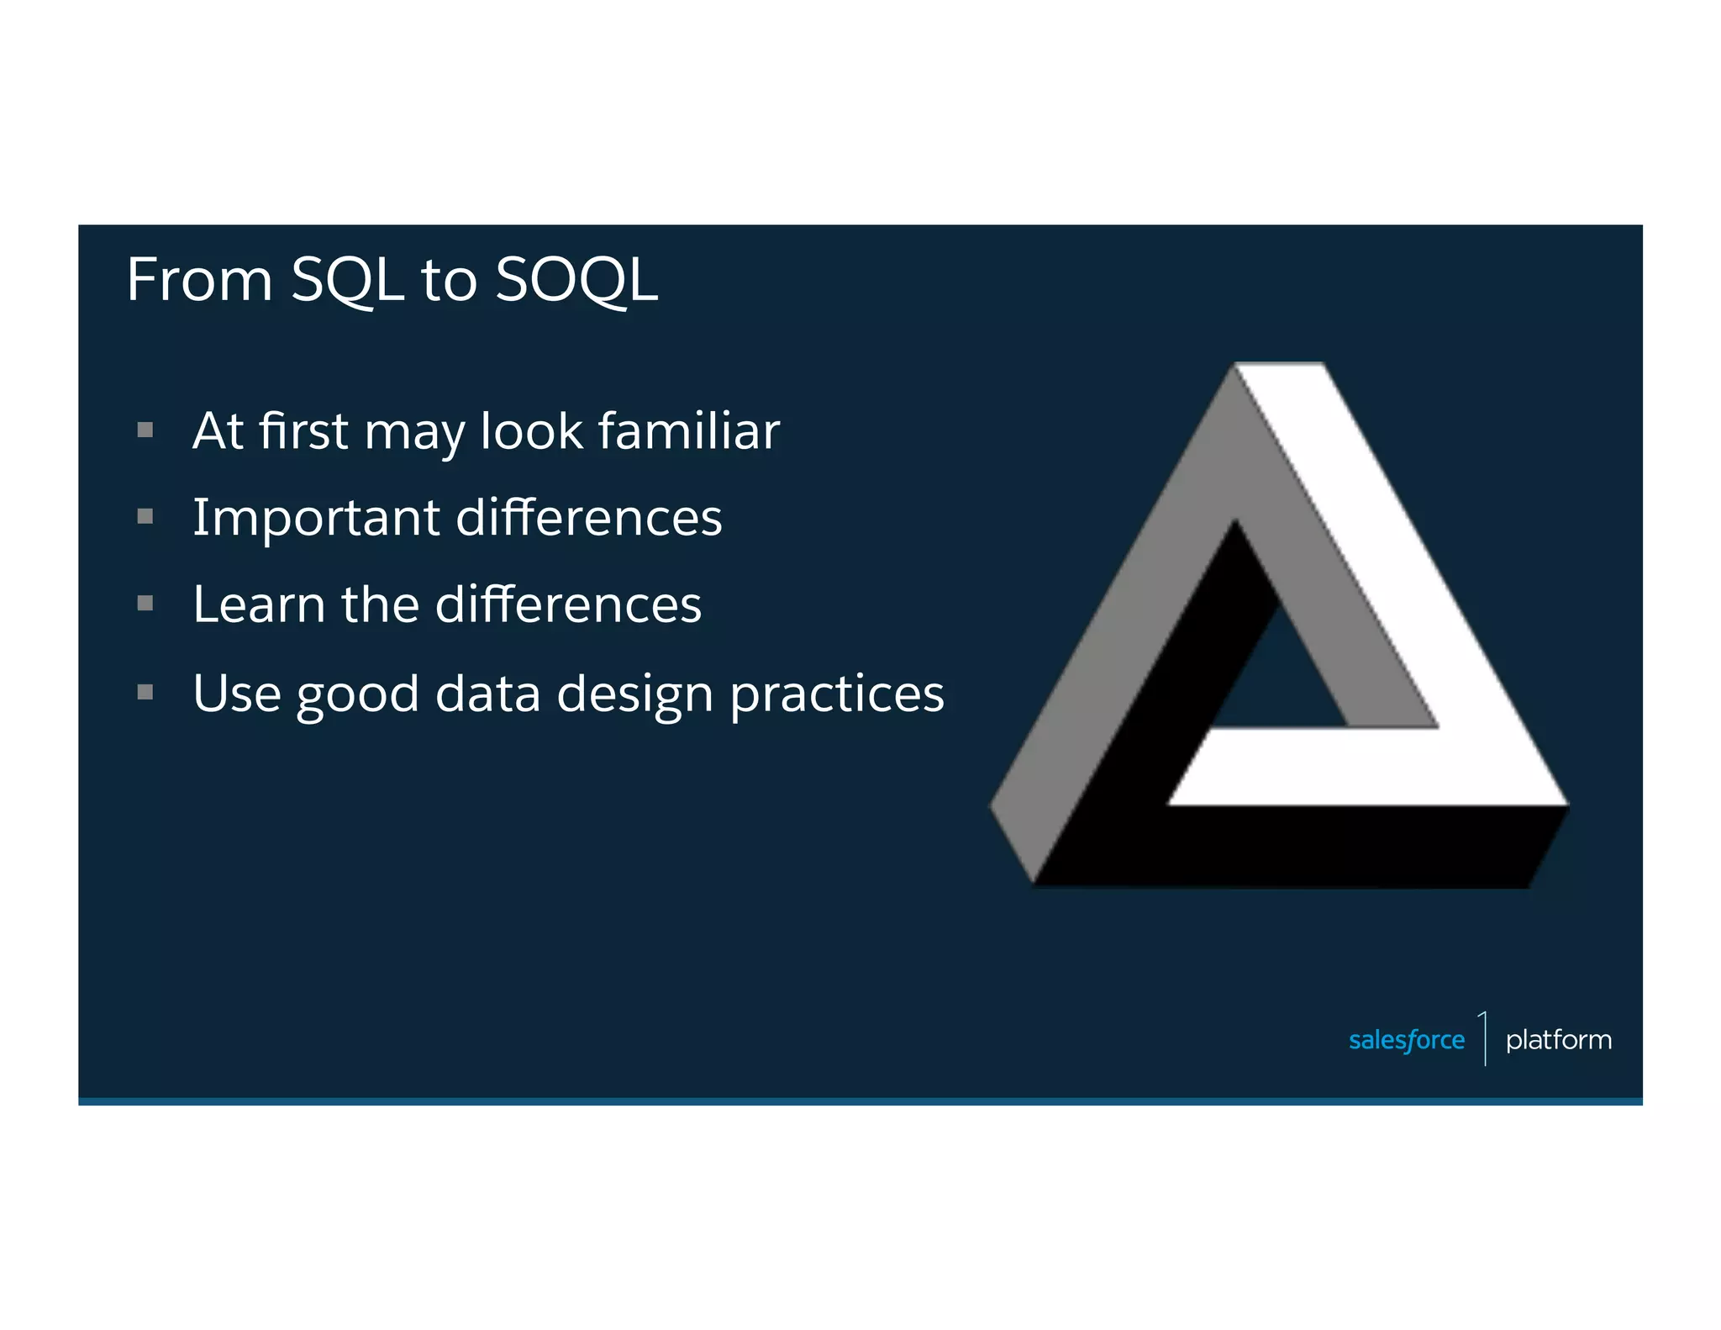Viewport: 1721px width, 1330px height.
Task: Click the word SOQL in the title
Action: coord(576,280)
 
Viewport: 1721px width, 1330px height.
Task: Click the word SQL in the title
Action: coord(347,280)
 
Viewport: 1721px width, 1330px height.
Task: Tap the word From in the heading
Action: coord(199,280)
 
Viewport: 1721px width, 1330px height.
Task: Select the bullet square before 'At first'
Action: coord(145,430)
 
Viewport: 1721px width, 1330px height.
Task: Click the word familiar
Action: coord(689,431)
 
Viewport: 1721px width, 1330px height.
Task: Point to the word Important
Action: coord(316,518)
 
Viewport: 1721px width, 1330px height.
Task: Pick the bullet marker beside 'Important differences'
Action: coord(145,516)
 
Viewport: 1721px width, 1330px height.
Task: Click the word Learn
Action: coord(259,604)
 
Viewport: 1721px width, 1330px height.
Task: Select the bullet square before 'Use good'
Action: coord(145,692)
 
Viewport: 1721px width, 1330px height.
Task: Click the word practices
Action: coord(837,695)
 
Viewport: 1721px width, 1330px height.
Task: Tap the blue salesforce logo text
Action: coord(1406,1040)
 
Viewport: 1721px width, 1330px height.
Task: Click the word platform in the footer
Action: coord(1558,1040)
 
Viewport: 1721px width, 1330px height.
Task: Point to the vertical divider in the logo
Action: coord(1485,1039)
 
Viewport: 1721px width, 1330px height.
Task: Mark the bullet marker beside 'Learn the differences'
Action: coord(145,603)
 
